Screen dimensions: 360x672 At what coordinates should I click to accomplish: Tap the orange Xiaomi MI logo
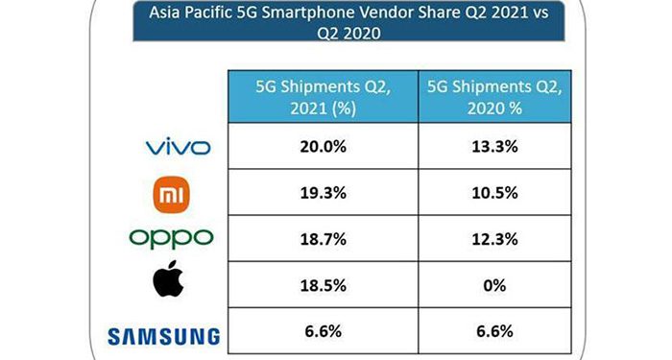pos(177,195)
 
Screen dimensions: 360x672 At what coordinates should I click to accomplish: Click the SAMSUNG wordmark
pos(164,335)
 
